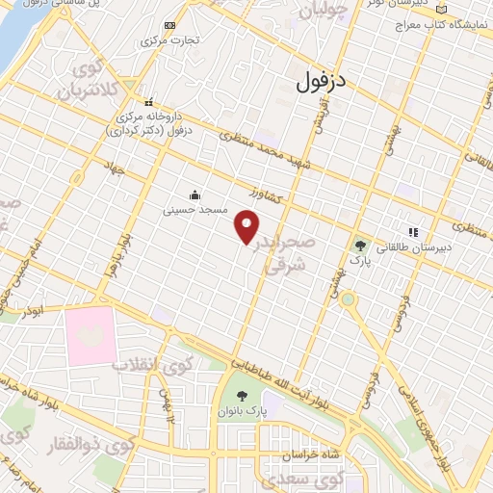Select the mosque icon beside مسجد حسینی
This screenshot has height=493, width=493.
(x=195, y=194)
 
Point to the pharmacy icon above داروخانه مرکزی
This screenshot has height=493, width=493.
(x=148, y=102)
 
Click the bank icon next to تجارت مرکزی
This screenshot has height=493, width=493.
(x=170, y=25)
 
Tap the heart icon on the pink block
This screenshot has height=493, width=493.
(x=91, y=334)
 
